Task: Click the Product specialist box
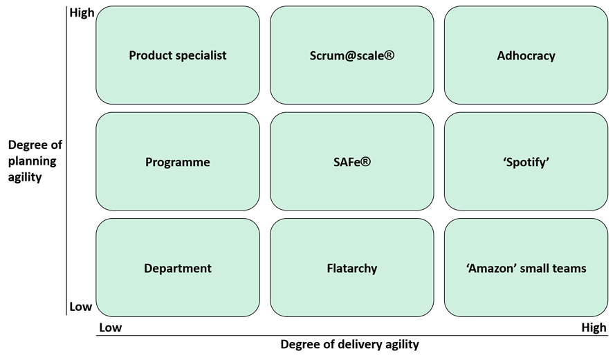[x=178, y=55]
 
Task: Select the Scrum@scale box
[x=352, y=55]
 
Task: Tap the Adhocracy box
[x=526, y=55]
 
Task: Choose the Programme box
[x=178, y=161]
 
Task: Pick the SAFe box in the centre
[x=352, y=161]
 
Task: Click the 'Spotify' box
[x=526, y=161]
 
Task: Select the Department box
[x=178, y=267]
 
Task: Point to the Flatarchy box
[x=352, y=267]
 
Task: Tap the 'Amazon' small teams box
[x=526, y=267]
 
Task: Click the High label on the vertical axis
[x=82, y=13]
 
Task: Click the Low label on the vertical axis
[x=80, y=307]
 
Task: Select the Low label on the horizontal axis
[x=110, y=327]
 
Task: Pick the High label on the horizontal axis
[x=594, y=327]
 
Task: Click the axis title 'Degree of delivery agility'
[x=349, y=344]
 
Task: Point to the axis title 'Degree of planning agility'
[x=35, y=161]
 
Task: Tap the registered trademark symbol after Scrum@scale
[x=389, y=55]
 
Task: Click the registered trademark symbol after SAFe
[x=365, y=161]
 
